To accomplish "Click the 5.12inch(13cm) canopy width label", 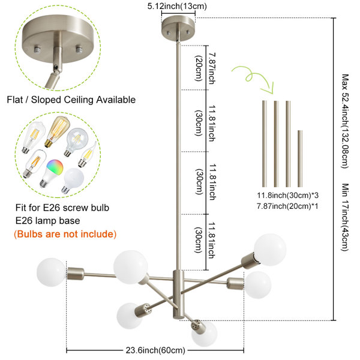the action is click(x=177, y=6).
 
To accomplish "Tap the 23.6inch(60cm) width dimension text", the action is click(x=155, y=350).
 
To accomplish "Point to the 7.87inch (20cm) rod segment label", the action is click(x=205, y=68).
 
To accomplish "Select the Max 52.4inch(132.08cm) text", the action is click(x=345, y=121).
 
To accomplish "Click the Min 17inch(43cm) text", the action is click(x=345, y=217).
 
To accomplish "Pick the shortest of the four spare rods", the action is click(x=300, y=158).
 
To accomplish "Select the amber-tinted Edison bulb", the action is click(x=58, y=131).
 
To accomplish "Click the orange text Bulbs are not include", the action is click(x=65, y=234).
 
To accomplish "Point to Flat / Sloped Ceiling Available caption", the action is click(x=71, y=100).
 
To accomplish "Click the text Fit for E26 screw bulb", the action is click(x=62, y=208).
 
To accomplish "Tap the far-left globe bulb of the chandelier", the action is click(x=51, y=272).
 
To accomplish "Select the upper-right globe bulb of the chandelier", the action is click(x=270, y=250).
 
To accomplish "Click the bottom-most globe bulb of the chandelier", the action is click(x=205, y=334).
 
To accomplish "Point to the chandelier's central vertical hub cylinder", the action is click(x=178, y=295).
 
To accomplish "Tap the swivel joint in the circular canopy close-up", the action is click(x=56, y=67).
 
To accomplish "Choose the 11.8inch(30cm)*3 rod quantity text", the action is click(x=287, y=196).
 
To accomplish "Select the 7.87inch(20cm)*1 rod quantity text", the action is click(x=287, y=206).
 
